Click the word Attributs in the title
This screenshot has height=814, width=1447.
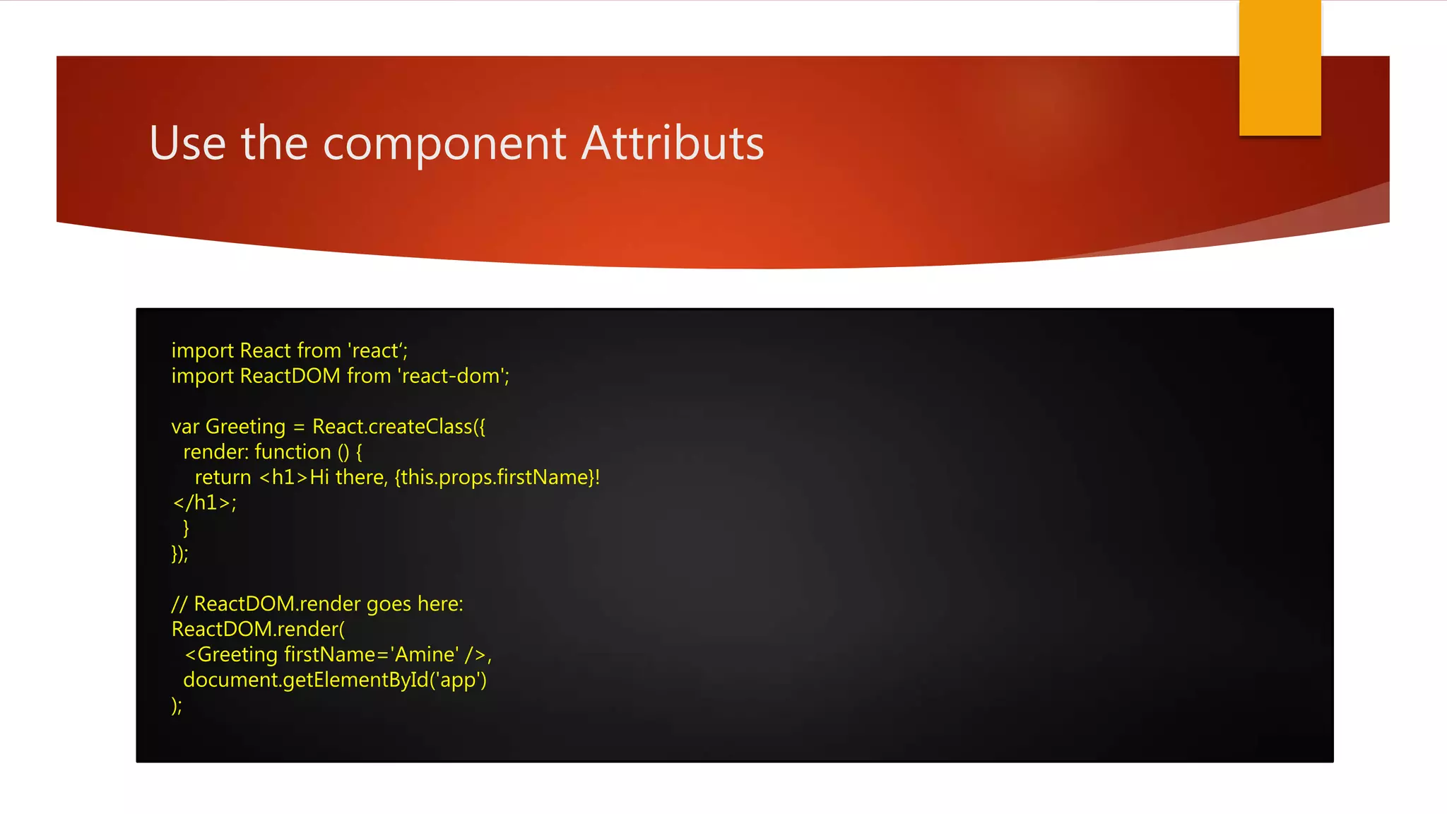click(673, 143)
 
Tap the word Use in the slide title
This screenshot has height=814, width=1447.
click(187, 143)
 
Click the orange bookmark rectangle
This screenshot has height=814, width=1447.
click(1280, 67)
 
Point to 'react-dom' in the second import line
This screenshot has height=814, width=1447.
click(452, 376)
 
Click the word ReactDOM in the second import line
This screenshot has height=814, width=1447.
click(290, 376)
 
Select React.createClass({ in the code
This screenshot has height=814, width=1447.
click(398, 427)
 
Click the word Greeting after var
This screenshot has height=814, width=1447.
click(245, 427)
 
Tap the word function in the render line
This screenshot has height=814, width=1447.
click(293, 452)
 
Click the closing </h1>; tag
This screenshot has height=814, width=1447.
click(204, 503)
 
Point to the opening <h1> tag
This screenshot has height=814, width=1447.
click(284, 478)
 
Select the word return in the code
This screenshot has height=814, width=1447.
click(223, 478)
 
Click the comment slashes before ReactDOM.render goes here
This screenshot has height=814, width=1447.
click(179, 604)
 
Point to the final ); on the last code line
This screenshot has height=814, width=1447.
click(177, 705)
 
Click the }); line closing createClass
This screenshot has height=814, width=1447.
click(179, 553)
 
